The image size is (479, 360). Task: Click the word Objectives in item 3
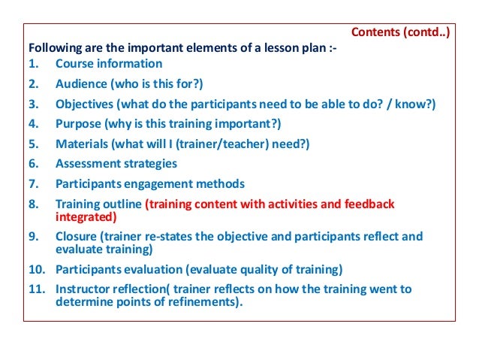click(86, 104)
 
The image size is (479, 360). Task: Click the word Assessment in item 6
click(89, 163)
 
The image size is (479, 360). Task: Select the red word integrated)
click(86, 217)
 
